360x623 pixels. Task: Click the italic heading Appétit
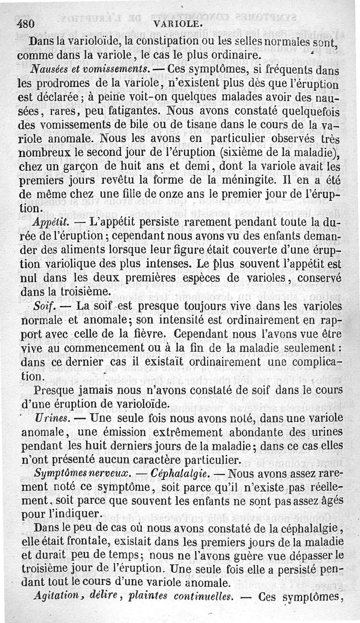(x=50, y=222)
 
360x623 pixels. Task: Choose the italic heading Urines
(x=46, y=418)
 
